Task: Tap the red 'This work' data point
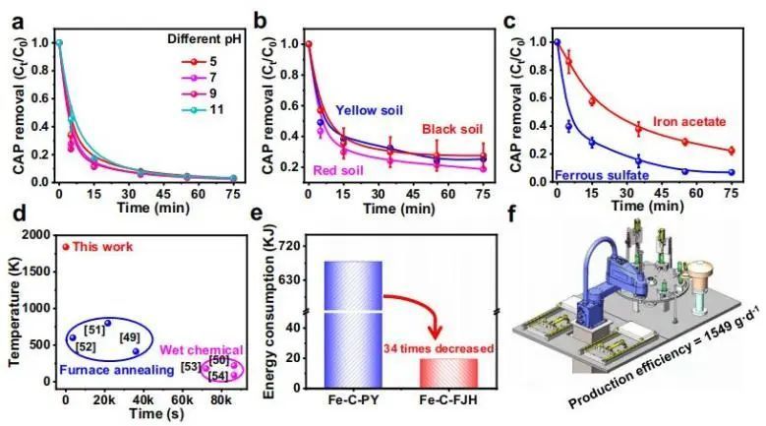click(x=66, y=247)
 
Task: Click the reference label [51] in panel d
click(x=96, y=329)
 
